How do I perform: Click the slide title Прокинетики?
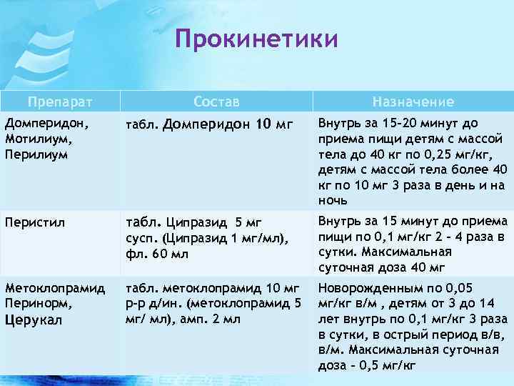[x=256, y=39]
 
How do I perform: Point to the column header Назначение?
[x=412, y=102]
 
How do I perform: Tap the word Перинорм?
[x=32, y=303]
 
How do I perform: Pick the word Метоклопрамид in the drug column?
[x=54, y=288]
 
